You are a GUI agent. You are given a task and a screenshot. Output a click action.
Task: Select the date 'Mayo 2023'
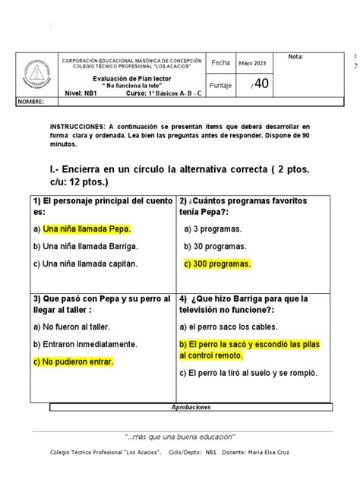[253, 63]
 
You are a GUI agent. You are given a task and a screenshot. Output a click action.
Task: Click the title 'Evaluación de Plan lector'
[132, 77]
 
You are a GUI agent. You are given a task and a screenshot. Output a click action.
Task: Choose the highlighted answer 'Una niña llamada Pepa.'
[87, 228]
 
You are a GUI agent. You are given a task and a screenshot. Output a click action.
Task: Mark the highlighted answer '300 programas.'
[217, 264]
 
